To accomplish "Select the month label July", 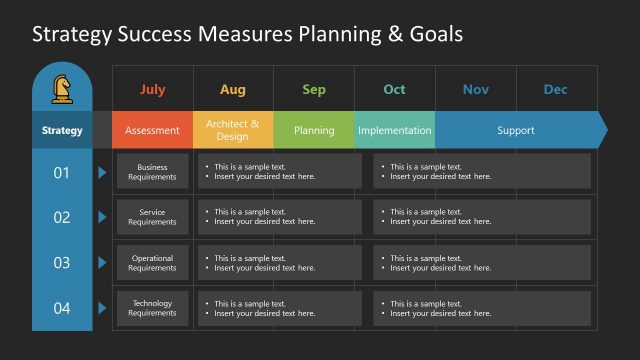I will click(153, 90).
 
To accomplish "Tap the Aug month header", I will click(233, 90).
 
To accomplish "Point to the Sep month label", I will click(314, 90).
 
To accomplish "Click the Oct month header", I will click(395, 90).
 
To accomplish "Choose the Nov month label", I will click(476, 90).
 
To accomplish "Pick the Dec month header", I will click(556, 90).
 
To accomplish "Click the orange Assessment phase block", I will click(153, 130).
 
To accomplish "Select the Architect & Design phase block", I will click(233, 130).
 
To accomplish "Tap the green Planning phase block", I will click(314, 130).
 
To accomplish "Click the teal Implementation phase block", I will click(394, 130).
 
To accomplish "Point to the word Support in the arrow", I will click(516, 130).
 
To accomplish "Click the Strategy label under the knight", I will click(62, 130).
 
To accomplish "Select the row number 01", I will click(62, 173).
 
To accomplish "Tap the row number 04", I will click(62, 308).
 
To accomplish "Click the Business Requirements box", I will click(153, 172).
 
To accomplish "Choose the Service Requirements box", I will click(153, 217).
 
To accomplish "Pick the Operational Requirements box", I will click(153, 263).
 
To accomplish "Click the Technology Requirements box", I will click(153, 308).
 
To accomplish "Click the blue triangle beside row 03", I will click(102, 263).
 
